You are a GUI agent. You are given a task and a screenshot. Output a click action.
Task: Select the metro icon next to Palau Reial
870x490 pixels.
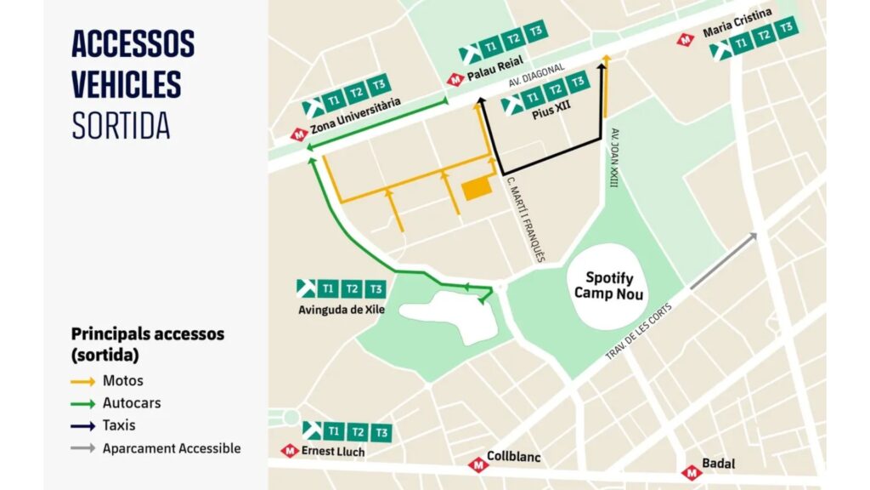pos(455,79)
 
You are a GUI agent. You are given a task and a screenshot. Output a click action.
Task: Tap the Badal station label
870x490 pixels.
pos(718,464)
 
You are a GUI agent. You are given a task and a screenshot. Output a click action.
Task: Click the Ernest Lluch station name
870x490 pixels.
pos(333,452)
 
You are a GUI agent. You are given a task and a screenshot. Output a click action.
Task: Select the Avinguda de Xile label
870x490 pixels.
pos(341,310)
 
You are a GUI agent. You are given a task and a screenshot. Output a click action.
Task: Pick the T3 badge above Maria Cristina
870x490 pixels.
pos(788,28)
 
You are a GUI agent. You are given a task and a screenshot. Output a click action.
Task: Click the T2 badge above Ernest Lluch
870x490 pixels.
pos(358,431)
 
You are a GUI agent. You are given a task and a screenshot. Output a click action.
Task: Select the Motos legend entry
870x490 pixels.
pos(123,380)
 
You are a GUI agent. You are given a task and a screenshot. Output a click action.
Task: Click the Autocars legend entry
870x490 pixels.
pos(131,402)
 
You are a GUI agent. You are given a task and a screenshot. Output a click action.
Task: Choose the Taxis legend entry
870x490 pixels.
pos(119,424)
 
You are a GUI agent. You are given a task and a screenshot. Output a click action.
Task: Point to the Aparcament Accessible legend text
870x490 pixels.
pos(172,447)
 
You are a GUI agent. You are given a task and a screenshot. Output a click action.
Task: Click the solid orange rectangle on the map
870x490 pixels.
pos(477,189)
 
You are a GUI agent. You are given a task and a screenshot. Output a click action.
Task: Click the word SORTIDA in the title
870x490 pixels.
pos(121,125)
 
